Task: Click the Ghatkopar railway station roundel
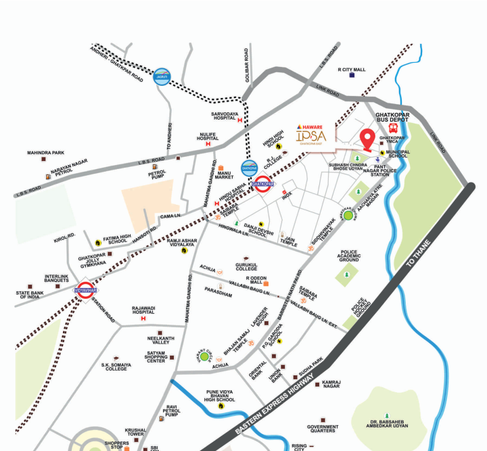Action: click(x=262, y=184)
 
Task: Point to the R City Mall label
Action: click(x=351, y=69)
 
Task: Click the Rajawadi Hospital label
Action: click(x=148, y=312)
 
